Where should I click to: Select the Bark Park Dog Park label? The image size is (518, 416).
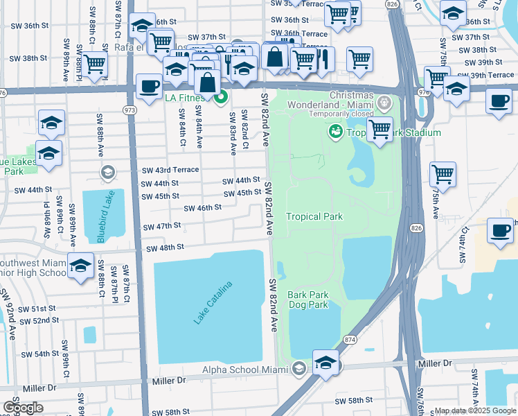click(x=308, y=299)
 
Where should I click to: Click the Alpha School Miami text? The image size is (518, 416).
click(x=245, y=370)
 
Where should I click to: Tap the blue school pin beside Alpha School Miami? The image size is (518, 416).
click(x=325, y=363)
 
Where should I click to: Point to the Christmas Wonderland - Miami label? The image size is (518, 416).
click(x=352, y=100)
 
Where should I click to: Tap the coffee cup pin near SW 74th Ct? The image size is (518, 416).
click(x=500, y=231)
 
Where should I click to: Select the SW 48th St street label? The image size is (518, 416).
click(x=164, y=248)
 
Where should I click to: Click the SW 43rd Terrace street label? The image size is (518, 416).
click(x=170, y=170)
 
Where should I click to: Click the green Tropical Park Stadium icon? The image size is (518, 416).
click(x=336, y=130)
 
